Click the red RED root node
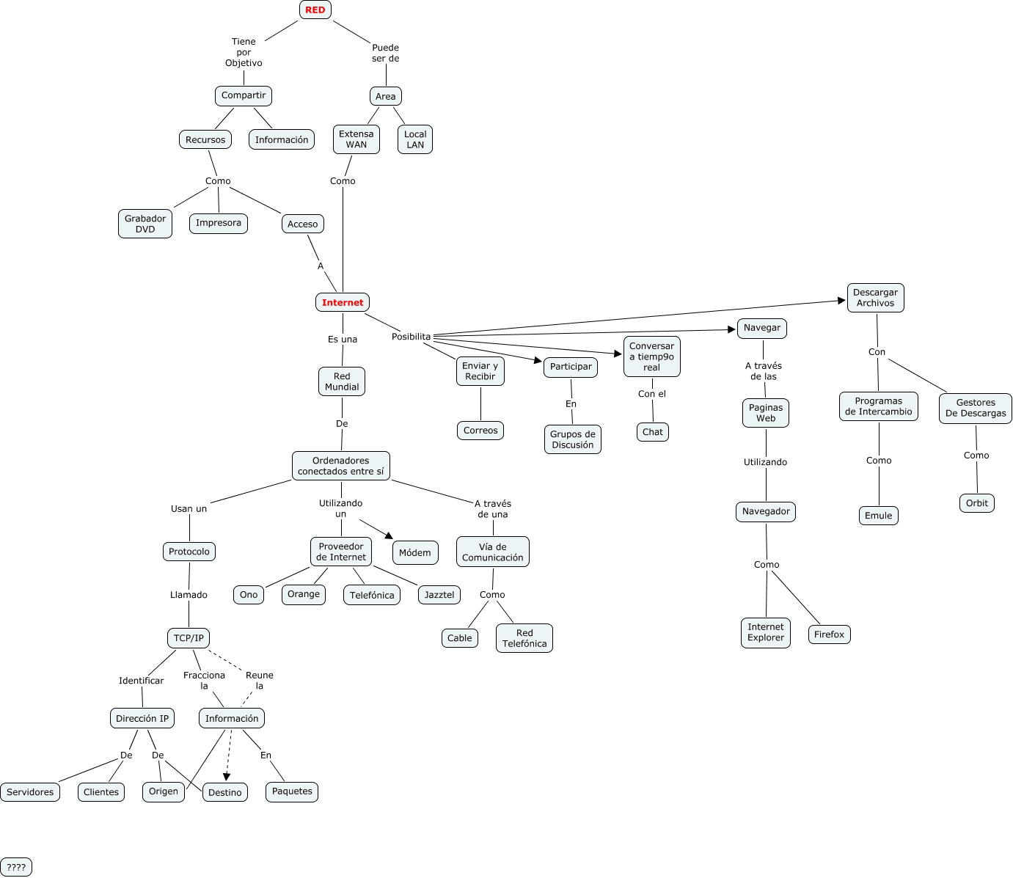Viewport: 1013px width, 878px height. (x=315, y=10)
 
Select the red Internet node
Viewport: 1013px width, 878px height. (x=343, y=302)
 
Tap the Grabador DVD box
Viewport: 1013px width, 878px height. (x=145, y=224)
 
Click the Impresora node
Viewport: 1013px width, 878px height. (x=219, y=223)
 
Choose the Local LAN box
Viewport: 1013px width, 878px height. (x=415, y=139)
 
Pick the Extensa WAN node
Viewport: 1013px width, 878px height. (x=356, y=139)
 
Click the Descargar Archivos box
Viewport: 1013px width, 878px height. (x=875, y=298)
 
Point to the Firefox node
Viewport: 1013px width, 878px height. (x=829, y=634)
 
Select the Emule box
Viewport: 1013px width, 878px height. (x=878, y=516)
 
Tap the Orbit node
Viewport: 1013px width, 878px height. (x=977, y=503)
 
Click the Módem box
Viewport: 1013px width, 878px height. (x=415, y=552)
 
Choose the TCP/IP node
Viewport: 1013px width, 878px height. (x=189, y=638)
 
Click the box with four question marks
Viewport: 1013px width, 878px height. (x=16, y=867)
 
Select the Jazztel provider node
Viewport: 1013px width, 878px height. (x=439, y=595)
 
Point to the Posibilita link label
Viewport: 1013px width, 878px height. (x=411, y=337)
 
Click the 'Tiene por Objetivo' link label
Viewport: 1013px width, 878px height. (x=244, y=52)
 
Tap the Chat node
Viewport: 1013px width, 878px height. (x=653, y=432)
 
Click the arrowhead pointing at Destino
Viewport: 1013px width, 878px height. (x=227, y=777)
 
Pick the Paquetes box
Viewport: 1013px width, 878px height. (x=292, y=791)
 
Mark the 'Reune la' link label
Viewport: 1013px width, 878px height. (x=260, y=681)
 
